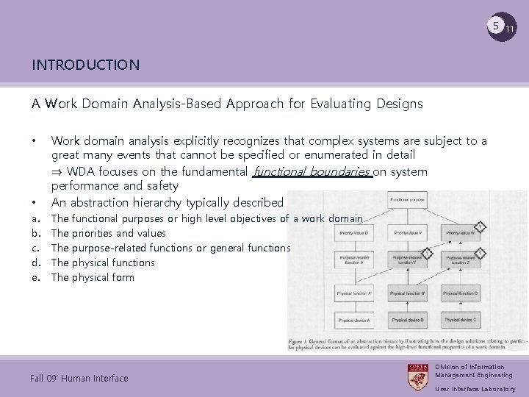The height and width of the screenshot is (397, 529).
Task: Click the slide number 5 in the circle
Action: coord(497,26)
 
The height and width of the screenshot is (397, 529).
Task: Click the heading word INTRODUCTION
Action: coord(85,65)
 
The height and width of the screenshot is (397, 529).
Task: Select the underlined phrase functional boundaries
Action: coord(312,172)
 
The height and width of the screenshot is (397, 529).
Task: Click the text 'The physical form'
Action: coord(93,277)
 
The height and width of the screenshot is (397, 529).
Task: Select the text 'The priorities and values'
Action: coord(109,233)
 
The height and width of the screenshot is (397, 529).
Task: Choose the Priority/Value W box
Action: coord(459,234)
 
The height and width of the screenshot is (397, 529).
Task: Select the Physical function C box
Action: coord(459,294)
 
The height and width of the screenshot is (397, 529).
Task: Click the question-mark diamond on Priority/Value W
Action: coord(478,226)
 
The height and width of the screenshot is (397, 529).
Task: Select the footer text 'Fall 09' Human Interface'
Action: coord(79,379)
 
